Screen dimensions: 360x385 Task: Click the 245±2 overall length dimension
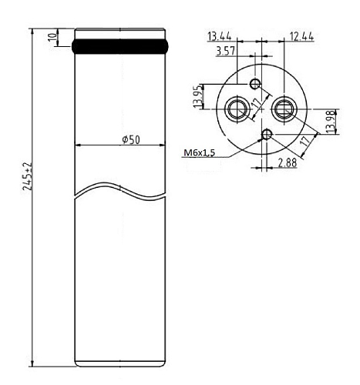pos(27,176)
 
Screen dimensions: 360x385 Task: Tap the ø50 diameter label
pos(131,139)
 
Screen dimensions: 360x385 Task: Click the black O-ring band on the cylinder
pos(119,46)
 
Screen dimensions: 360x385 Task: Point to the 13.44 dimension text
pos(220,36)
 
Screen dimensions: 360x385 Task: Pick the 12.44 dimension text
pos(301,37)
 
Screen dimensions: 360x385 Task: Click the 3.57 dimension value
pos(226,52)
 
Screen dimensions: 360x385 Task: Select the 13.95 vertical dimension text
pos(197,96)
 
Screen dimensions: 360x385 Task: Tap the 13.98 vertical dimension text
pos(331,122)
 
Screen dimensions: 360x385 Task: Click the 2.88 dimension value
pos(288,162)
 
